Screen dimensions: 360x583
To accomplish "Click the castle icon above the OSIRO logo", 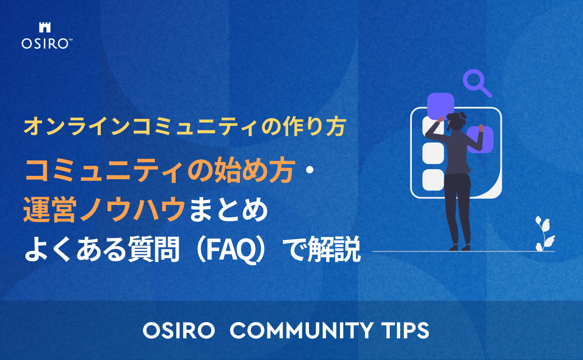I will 44,28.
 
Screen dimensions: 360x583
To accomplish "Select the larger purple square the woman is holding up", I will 441,107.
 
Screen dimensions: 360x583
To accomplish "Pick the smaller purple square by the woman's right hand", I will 481,140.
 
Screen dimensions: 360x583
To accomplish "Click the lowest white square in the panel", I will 433,180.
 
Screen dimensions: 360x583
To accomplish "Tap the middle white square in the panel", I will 433,153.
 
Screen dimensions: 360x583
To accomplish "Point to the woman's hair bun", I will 462,116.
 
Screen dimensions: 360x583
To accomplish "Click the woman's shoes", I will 460,248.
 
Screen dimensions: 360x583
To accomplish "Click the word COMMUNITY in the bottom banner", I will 299,330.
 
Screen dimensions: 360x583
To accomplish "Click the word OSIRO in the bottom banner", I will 179,330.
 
